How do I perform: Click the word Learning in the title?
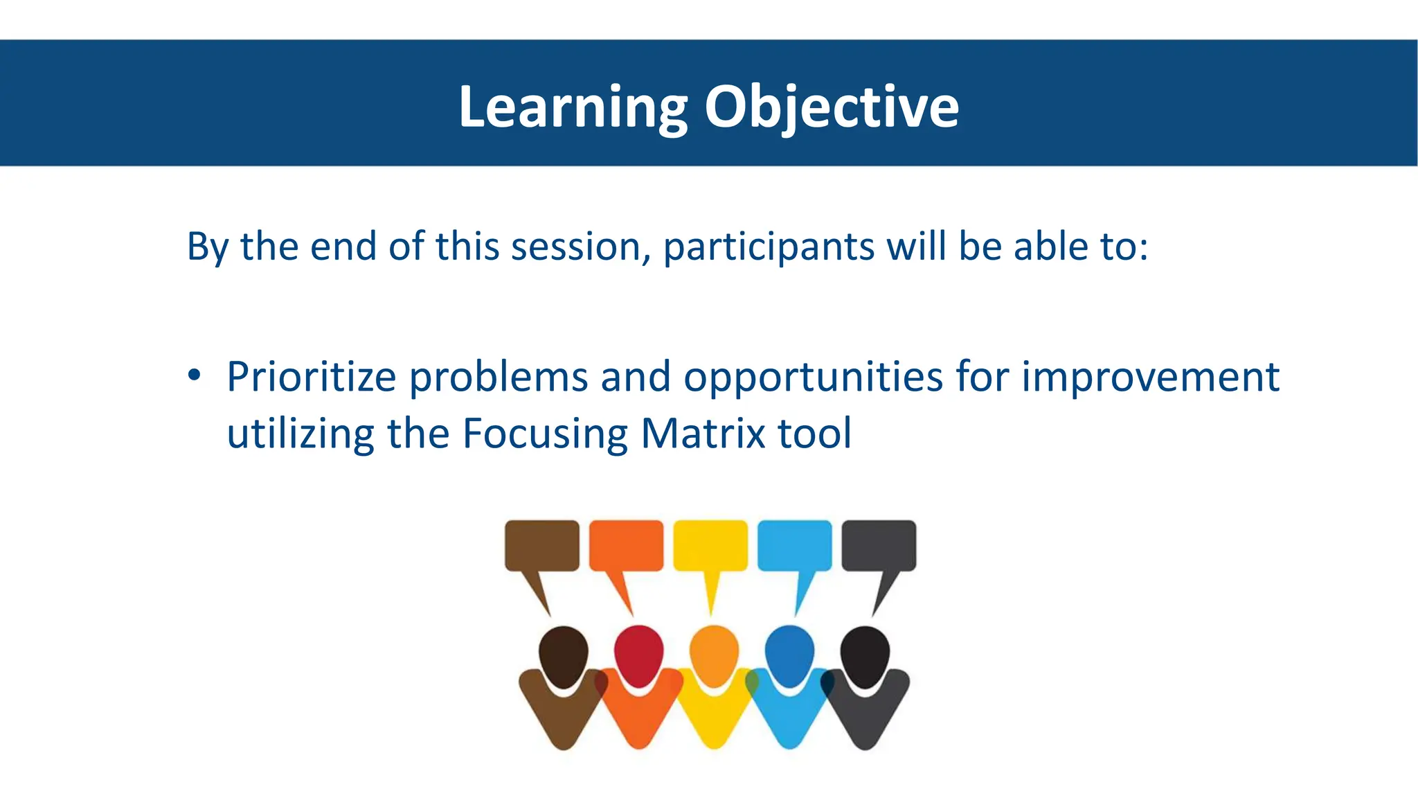(573, 107)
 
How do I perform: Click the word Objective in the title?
(832, 107)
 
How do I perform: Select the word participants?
(769, 248)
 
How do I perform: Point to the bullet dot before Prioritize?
(195, 375)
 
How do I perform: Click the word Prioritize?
(311, 378)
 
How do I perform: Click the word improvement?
(1150, 378)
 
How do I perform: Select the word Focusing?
(545, 435)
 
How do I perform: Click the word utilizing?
(300, 435)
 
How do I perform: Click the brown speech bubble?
(541, 546)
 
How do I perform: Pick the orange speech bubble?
(626, 546)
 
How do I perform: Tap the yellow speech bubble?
(710, 546)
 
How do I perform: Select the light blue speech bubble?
(795, 546)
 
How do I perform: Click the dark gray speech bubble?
(879, 546)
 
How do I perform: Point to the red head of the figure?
(638, 655)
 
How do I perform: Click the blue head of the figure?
(789, 655)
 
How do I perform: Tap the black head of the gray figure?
(865, 655)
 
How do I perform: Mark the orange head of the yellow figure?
(714, 655)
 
